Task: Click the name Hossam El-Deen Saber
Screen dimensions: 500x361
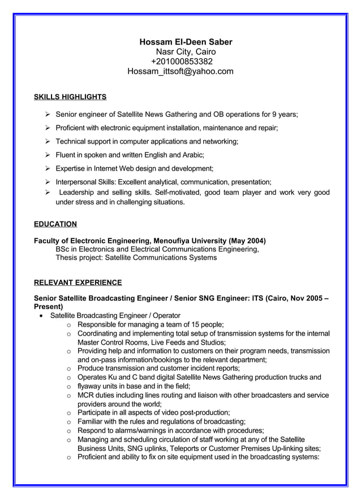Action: [186, 42]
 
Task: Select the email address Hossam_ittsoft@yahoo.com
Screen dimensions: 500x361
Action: [180, 72]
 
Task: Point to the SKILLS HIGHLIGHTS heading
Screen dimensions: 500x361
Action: [70, 97]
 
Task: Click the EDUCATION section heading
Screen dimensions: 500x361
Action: [55, 224]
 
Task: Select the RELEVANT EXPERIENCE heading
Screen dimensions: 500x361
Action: [78, 282]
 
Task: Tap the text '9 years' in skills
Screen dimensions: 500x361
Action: [285, 114]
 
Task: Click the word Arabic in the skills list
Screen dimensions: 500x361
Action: [191, 155]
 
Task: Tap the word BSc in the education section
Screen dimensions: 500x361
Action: [63, 249]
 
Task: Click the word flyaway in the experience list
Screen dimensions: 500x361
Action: [91, 386]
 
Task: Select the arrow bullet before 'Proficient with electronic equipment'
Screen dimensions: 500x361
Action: [48, 128]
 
